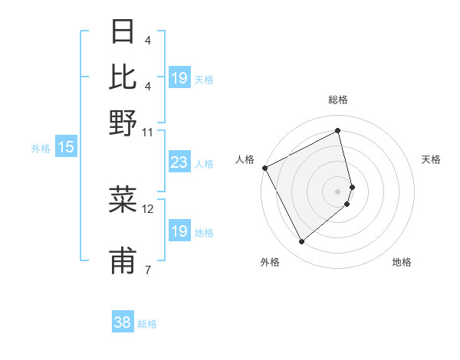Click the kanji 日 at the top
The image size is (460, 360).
[123, 34]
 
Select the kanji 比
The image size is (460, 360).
[123, 78]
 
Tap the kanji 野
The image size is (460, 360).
[123, 123]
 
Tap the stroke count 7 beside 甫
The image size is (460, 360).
[147, 269]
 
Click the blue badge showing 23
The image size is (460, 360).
[179, 163]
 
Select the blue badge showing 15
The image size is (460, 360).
[66, 148]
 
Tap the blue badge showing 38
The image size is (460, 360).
[122, 323]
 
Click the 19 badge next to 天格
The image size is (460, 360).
[179, 79]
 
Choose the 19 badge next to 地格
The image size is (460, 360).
[179, 231]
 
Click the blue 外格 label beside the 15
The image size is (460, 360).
[41, 149]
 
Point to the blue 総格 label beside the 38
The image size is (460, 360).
[147, 324]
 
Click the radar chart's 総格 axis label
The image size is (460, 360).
[338, 100]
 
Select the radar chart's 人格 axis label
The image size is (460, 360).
[245, 159]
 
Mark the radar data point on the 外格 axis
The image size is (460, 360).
[301, 242]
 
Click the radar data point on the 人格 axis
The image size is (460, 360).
[264, 168]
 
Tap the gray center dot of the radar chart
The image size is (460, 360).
[338, 191]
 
